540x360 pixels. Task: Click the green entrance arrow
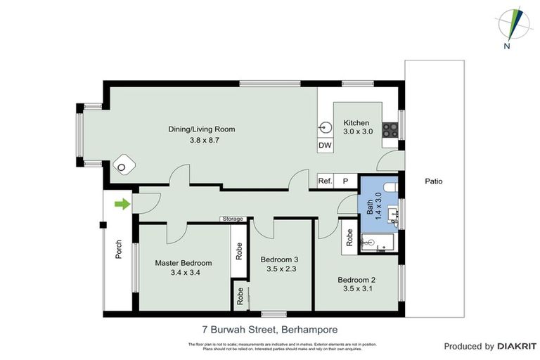[122, 205]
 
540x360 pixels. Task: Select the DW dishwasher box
[325, 146]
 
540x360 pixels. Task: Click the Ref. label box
[325, 181]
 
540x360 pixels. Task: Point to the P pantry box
[345, 181]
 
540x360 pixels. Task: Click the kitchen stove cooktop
[390, 130]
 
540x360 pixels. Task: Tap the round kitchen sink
[326, 128]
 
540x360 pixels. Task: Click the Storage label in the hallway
[233, 219]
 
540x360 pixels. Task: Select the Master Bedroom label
[183, 263]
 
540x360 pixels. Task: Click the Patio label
[434, 181]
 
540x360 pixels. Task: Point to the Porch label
[119, 250]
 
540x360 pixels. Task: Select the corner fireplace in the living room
[124, 165]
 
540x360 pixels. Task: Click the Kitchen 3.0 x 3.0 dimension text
[357, 131]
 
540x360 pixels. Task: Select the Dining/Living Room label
[201, 129]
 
